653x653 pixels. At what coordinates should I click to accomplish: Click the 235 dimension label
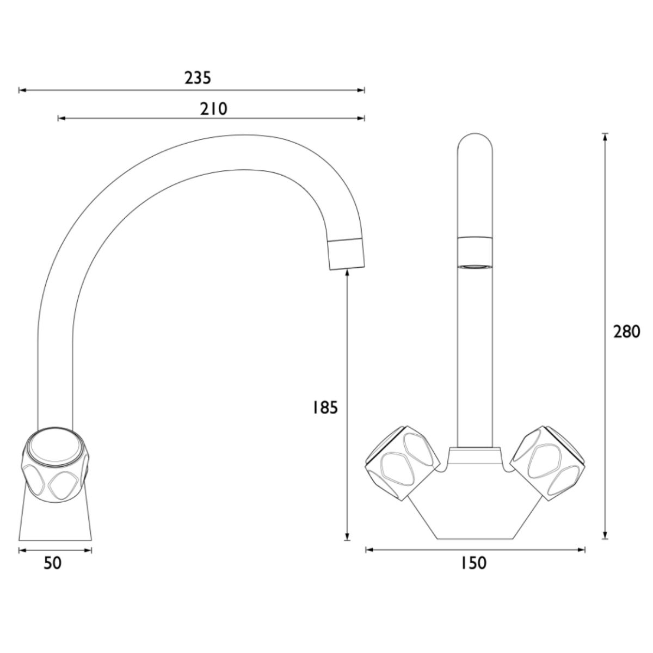(x=198, y=78)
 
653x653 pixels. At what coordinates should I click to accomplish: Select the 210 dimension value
(x=213, y=109)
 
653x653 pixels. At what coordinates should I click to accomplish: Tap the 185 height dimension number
(x=325, y=408)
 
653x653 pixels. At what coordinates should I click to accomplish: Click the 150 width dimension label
(x=473, y=563)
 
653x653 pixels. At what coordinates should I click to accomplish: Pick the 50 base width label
(x=53, y=563)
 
